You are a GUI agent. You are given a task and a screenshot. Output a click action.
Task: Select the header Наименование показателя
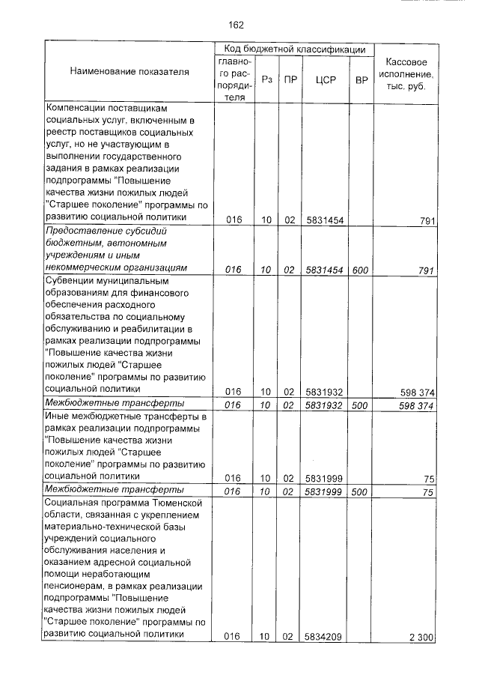(x=129, y=72)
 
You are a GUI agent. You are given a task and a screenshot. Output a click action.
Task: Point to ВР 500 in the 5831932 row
(x=361, y=405)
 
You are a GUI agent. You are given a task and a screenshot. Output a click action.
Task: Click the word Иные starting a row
(x=58, y=416)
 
